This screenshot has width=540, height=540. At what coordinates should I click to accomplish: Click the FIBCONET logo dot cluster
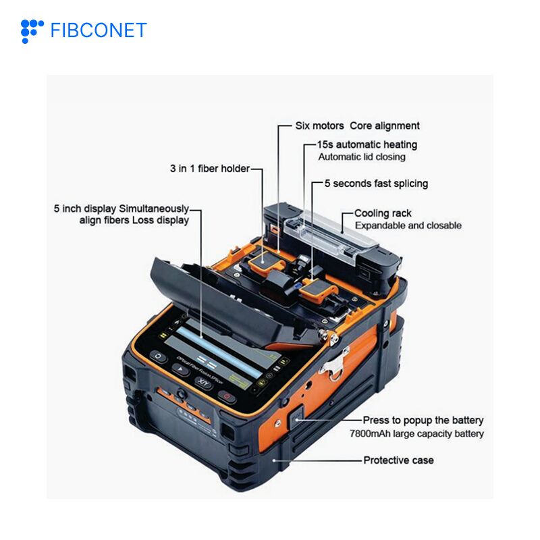(32, 31)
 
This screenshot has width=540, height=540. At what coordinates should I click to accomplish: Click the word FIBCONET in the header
(99, 30)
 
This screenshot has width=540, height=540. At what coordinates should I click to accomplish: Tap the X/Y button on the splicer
(204, 382)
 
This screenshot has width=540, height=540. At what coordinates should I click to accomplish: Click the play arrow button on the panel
(180, 370)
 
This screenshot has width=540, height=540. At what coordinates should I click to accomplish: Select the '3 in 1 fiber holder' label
(210, 168)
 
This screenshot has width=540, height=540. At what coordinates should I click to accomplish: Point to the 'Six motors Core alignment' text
(357, 126)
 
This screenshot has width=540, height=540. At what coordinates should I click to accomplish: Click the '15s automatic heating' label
(367, 144)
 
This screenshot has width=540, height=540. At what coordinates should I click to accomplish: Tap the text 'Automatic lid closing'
(362, 157)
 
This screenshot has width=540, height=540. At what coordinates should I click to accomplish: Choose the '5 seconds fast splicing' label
(376, 184)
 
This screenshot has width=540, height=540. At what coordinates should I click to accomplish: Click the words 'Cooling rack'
(383, 213)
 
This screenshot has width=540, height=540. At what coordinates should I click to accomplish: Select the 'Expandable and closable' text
(408, 225)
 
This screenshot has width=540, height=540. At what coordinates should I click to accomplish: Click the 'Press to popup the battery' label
(423, 420)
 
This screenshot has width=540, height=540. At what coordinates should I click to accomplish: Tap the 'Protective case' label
(398, 460)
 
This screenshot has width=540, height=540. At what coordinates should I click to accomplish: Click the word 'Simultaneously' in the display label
(154, 209)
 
